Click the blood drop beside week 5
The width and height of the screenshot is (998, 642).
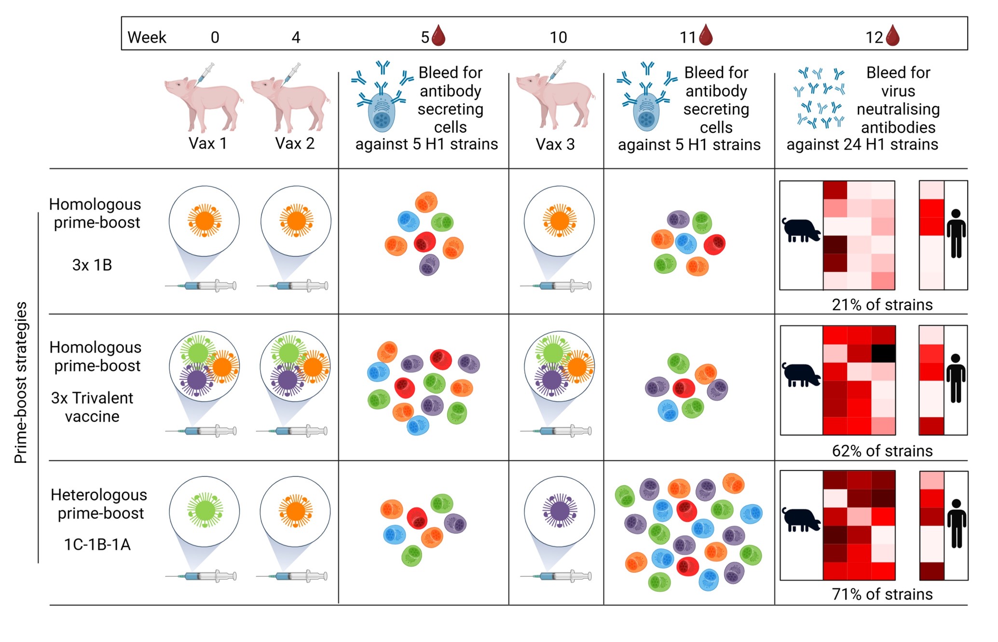pyautogui.click(x=438, y=36)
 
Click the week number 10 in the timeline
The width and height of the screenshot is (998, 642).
pyautogui.click(x=558, y=38)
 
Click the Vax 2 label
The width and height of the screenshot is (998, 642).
pyautogui.click(x=295, y=143)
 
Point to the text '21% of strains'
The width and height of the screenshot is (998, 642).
pyautogui.click(x=882, y=305)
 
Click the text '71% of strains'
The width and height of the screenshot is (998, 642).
pyautogui.click(x=882, y=594)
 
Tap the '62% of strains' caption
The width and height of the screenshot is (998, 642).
pyautogui.click(x=882, y=451)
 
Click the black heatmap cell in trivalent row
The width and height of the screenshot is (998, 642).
pyautogui.click(x=883, y=353)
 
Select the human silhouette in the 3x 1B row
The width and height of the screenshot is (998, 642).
pyautogui.click(x=956, y=234)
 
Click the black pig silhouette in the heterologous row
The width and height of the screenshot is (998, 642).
pyautogui.click(x=801, y=520)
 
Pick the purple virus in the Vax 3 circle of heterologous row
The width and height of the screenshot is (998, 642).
pyautogui.click(x=560, y=511)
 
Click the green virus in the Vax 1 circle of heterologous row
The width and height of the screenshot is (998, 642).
pyautogui.click(x=205, y=510)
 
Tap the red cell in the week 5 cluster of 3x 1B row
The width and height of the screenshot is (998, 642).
pyautogui.click(x=424, y=242)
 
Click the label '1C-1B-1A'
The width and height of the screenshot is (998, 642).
pyautogui.click(x=97, y=544)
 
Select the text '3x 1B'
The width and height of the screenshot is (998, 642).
pyautogui.click(x=92, y=265)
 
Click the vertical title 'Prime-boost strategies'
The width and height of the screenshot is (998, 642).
pyautogui.click(x=21, y=382)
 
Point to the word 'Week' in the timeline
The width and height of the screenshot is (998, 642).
pyautogui.click(x=147, y=38)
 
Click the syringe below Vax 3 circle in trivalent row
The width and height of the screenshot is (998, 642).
pyautogui.click(x=556, y=431)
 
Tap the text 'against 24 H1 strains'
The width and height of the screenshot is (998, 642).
pyautogui.click(x=862, y=144)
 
